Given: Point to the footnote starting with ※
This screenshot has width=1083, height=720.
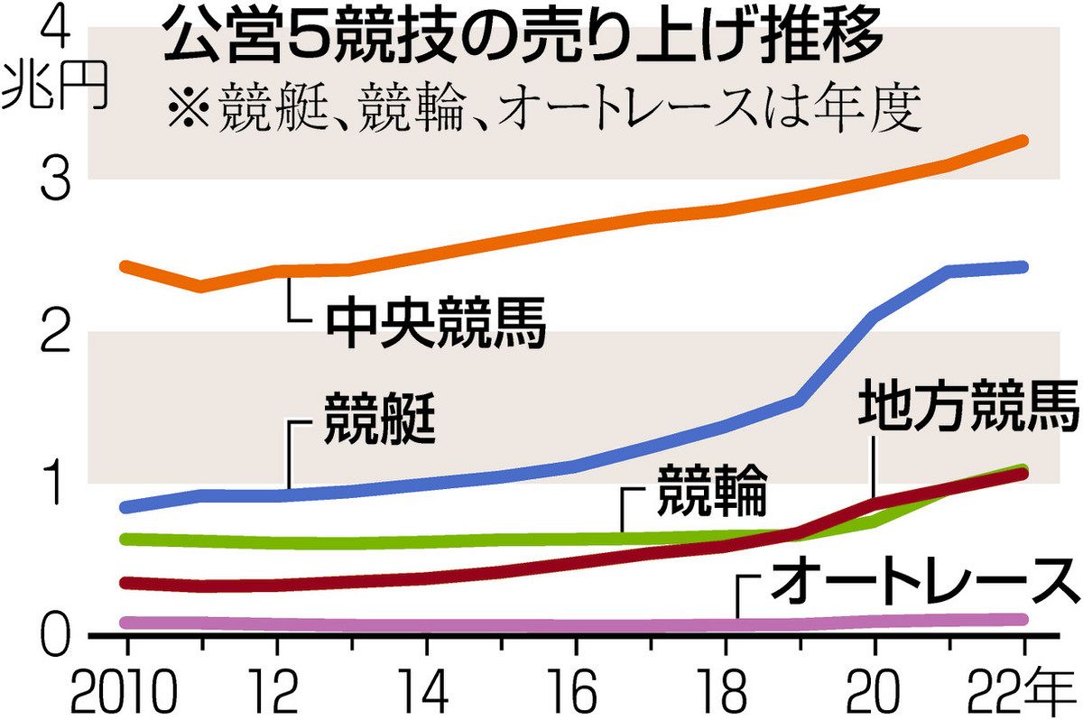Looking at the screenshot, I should [x=542, y=108].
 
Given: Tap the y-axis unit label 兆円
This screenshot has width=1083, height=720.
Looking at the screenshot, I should [x=56, y=87].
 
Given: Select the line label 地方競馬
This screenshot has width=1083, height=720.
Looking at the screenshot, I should [x=967, y=408].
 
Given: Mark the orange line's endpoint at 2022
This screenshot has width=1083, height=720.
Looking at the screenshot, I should [x=1023, y=140].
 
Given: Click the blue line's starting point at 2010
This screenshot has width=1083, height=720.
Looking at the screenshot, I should [x=127, y=507].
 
